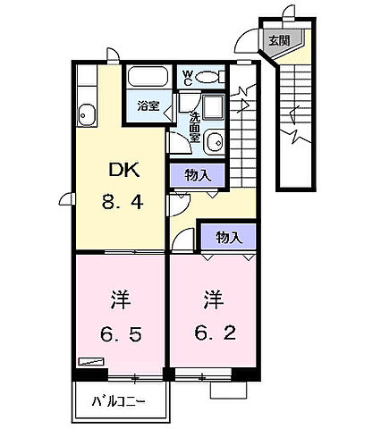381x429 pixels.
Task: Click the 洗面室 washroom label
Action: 194,122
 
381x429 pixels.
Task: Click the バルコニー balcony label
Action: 119,401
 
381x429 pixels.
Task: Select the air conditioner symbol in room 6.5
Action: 89,362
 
